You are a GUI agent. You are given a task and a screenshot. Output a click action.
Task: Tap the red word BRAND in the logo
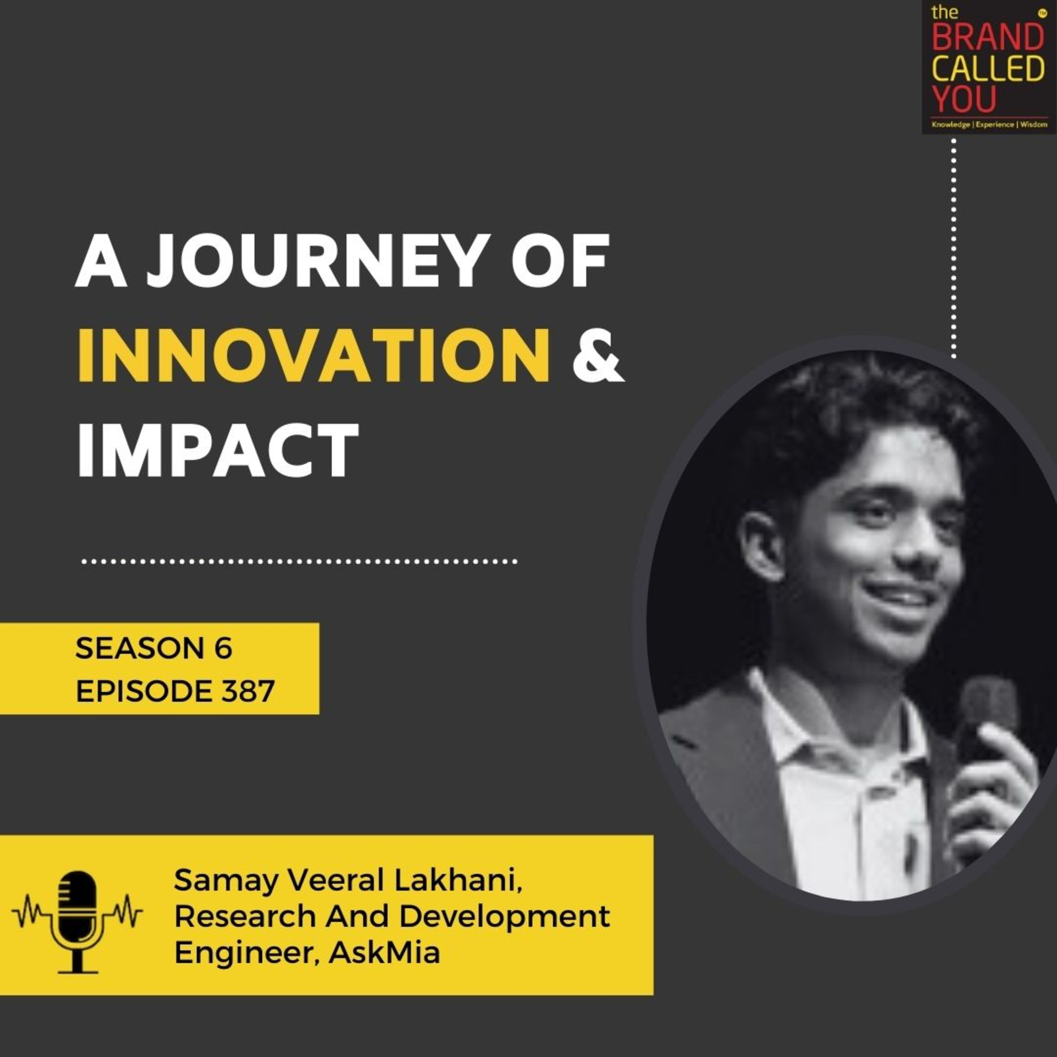pos(988,37)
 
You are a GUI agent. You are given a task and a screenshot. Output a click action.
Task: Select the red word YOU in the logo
pos(964,100)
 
